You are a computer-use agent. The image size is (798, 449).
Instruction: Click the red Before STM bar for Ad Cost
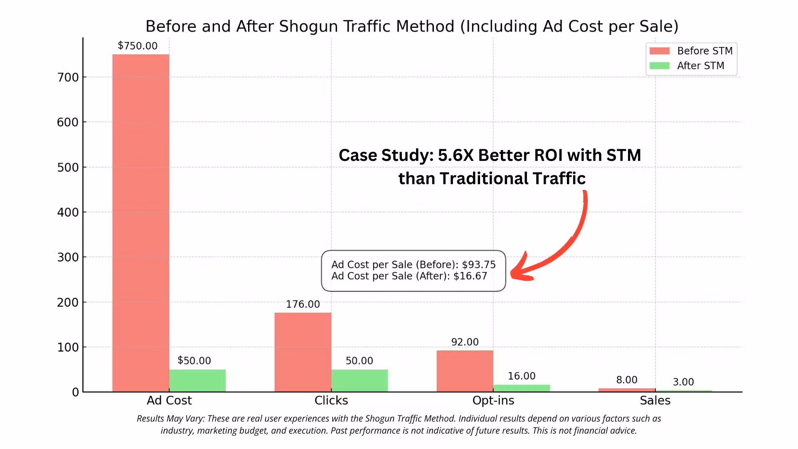click(140, 223)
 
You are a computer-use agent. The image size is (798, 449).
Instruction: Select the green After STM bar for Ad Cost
click(197, 380)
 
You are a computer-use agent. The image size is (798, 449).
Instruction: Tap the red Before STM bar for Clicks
click(303, 352)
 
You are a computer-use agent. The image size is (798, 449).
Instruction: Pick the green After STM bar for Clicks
click(360, 380)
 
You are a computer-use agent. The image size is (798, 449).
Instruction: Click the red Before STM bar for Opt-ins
click(465, 371)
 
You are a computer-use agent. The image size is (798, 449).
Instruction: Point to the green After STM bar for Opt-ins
click(522, 388)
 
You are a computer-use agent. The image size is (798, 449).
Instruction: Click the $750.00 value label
click(138, 46)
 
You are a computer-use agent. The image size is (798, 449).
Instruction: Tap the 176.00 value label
click(303, 304)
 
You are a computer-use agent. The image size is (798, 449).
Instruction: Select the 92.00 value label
click(465, 342)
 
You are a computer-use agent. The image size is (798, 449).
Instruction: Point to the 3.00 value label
click(683, 382)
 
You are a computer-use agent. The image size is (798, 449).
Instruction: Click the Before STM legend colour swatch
click(660, 51)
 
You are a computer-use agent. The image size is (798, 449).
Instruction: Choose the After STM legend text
click(701, 66)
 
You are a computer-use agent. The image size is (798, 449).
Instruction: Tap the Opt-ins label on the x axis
click(493, 400)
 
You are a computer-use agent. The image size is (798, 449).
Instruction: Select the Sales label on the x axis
click(655, 400)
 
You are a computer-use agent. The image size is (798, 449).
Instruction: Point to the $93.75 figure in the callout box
click(479, 265)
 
